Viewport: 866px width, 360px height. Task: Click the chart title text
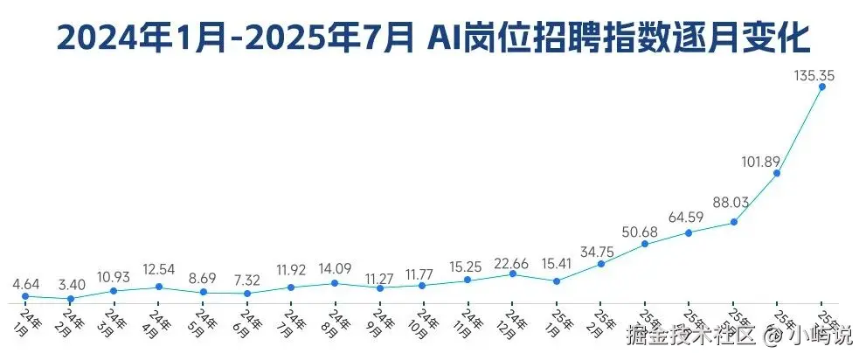click(x=433, y=38)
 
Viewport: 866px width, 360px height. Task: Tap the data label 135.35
click(x=814, y=76)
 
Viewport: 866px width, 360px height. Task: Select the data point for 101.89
click(x=777, y=174)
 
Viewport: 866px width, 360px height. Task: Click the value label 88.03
click(x=729, y=203)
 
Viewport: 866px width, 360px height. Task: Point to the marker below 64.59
click(x=689, y=232)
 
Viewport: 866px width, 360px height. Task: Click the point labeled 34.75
click(x=600, y=264)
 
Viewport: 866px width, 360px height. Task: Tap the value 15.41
click(x=557, y=263)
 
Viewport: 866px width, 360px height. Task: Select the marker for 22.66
click(x=512, y=273)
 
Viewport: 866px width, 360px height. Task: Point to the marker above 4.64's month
click(x=25, y=296)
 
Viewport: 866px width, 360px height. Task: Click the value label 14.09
click(x=336, y=269)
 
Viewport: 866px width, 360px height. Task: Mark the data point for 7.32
click(x=247, y=293)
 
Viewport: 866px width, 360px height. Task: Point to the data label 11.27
click(x=379, y=273)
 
